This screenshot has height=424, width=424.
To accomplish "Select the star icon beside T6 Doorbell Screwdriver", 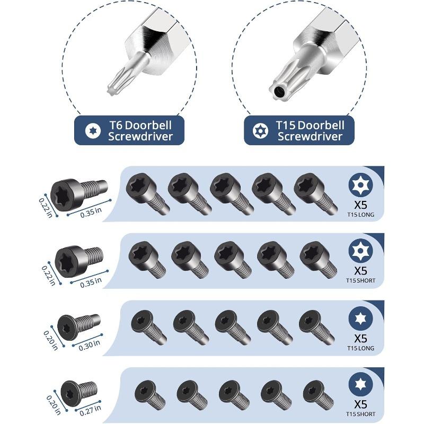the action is pos(93,131).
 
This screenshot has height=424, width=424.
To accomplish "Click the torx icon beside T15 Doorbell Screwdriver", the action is pos(260,131).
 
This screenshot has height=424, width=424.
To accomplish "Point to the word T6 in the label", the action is pos(116,125).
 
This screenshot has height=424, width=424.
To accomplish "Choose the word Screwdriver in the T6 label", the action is pos(140,136).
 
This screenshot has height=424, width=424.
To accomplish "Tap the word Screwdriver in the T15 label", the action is pos(310,136).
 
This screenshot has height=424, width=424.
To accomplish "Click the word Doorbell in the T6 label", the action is pos(148,125).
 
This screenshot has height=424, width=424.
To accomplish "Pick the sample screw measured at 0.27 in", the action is pos(78,393).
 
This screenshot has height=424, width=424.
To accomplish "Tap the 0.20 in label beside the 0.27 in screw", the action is pos(54,405).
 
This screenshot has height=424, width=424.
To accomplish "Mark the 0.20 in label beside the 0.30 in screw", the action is pos(51,340).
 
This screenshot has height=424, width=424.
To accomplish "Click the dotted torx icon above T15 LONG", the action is pos(360,184).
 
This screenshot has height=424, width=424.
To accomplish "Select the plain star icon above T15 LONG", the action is pos(360,319).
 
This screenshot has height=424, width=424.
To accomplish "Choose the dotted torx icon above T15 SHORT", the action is pos(360,251).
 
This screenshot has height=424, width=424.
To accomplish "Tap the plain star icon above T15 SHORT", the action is pos(360,384).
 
